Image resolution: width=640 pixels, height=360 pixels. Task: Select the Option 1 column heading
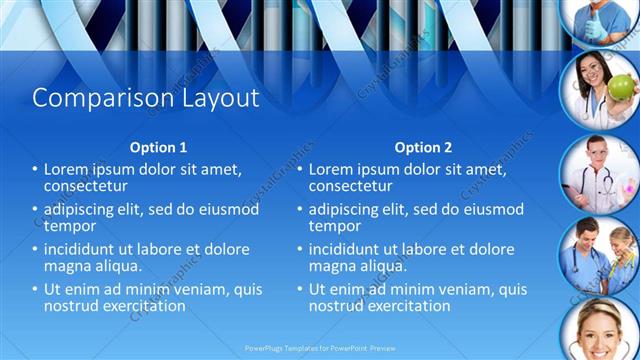pos(159,147)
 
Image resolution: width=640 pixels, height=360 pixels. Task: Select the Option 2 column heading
pos(423,147)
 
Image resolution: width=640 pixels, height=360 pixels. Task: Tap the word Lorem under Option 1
pos(68,170)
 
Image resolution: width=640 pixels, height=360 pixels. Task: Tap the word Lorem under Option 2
pos(333,170)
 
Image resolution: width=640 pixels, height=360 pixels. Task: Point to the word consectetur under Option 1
pos(85,186)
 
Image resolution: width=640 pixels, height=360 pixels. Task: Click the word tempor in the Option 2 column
pos(333,226)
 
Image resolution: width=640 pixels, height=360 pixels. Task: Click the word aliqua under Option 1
pos(118,266)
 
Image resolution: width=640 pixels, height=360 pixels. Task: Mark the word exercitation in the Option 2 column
pos(405,306)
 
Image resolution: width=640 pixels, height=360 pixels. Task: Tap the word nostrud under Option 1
pos(71,306)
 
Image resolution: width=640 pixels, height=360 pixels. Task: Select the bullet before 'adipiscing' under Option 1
pos(35,210)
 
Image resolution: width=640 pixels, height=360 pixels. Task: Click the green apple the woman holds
pos(619,88)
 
